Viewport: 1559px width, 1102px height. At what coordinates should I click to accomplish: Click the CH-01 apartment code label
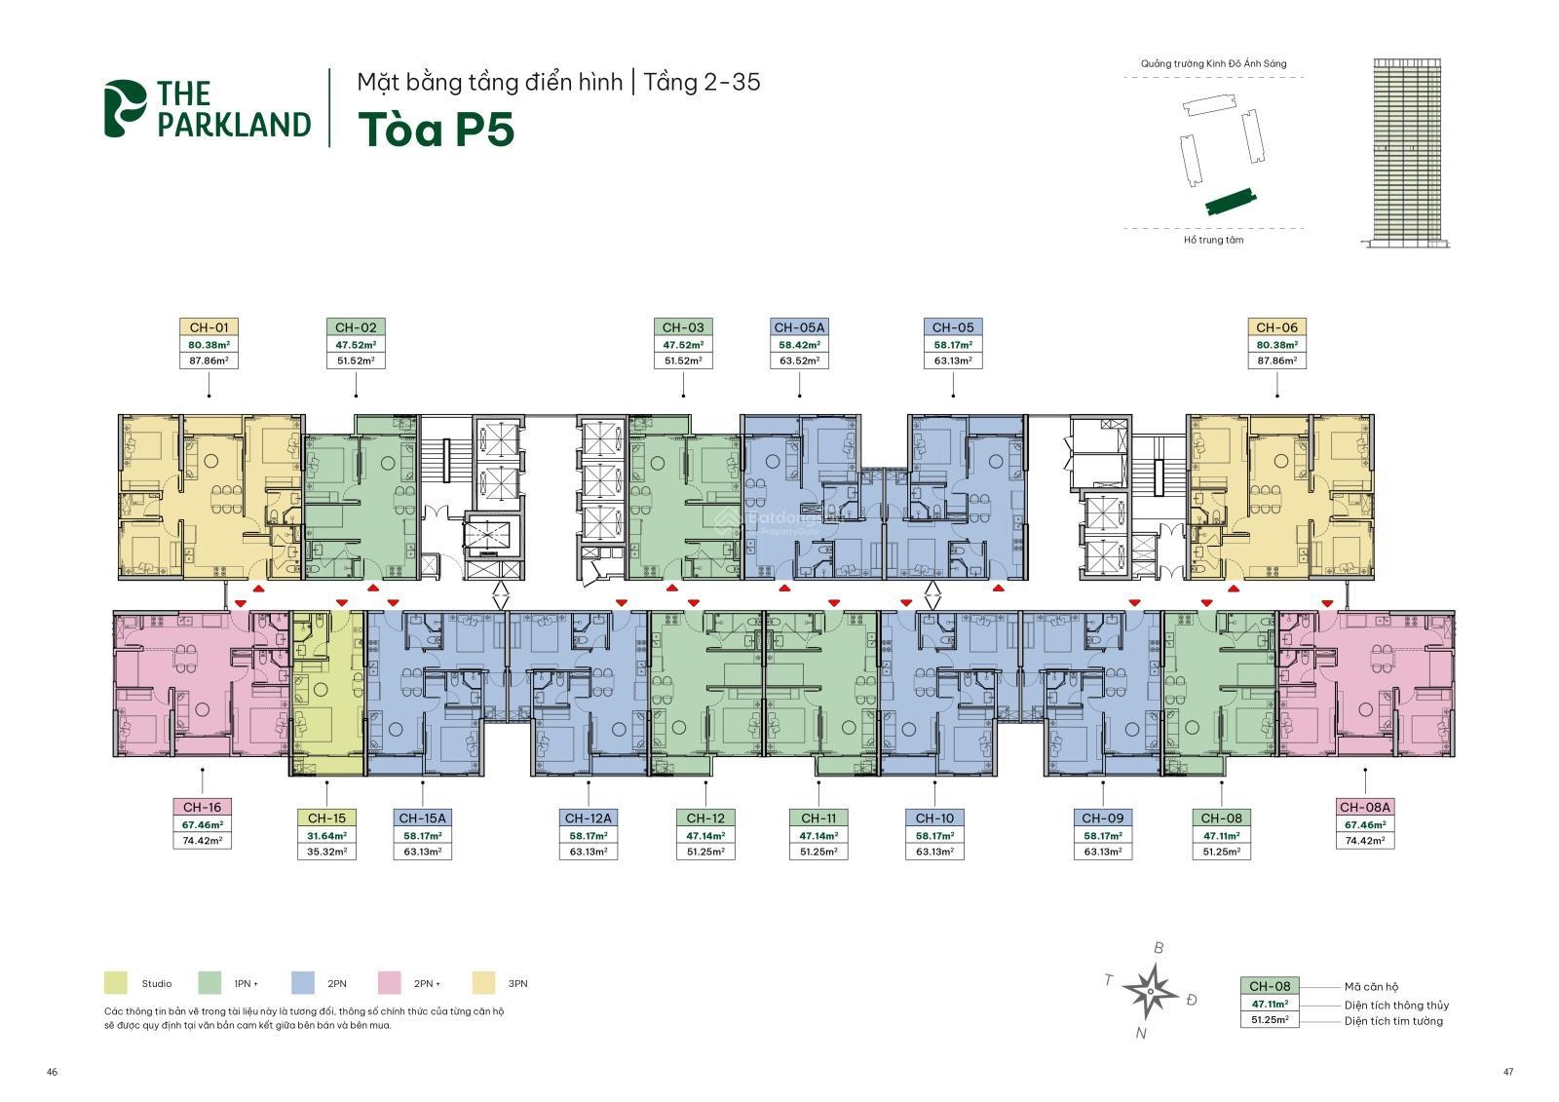[x=209, y=327]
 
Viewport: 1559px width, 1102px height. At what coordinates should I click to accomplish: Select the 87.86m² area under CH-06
[x=1276, y=361]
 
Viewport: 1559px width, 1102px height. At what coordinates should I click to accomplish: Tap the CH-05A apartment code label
[x=799, y=327]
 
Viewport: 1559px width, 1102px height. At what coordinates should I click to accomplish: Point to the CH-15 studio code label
[x=325, y=818]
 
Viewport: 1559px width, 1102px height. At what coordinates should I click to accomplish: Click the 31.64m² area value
[x=325, y=835]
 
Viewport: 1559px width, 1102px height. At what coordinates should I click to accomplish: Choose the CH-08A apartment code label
[x=1365, y=807]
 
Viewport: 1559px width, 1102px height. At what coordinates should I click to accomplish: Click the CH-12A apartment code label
[x=588, y=818]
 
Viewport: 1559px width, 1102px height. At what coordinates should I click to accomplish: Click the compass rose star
[x=1151, y=991]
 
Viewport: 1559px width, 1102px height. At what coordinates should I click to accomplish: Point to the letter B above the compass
[x=1159, y=947]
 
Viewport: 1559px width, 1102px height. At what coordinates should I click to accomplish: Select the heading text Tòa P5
[x=436, y=131]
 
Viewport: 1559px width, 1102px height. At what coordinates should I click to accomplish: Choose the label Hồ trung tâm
[x=1213, y=240]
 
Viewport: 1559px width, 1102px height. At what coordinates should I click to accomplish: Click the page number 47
[x=1507, y=1072]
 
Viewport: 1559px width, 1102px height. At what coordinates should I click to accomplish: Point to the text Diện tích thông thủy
[x=1396, y=1005]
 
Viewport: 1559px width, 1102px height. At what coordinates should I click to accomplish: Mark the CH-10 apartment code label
[x=934, y=818]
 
